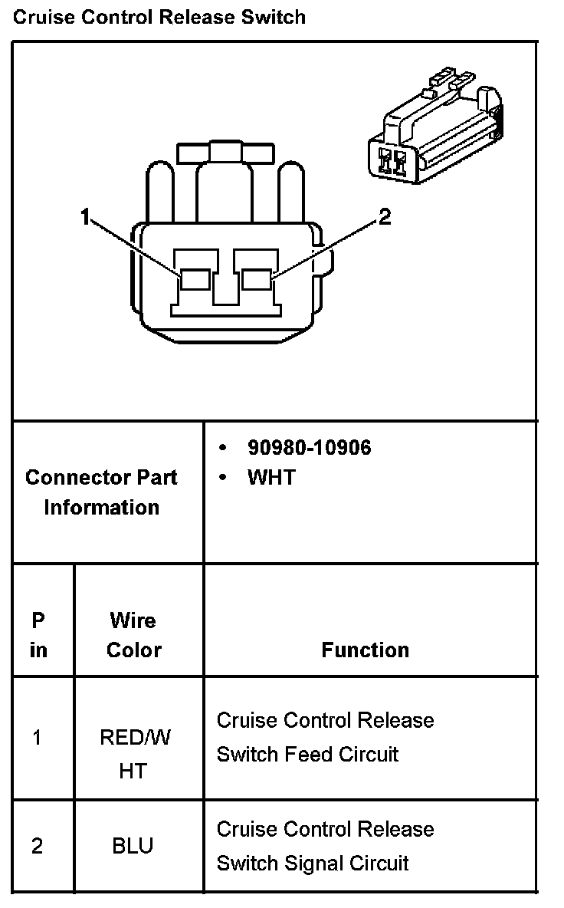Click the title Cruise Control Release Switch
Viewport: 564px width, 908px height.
coord(159,17)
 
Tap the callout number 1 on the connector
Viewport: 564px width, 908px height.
coord(85,218)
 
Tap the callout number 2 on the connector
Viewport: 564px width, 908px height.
coord(385,218)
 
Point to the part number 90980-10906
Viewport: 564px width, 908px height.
coord(309,448)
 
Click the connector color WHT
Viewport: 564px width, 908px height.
coord(271,478)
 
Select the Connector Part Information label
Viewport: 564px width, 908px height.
coord(101,492)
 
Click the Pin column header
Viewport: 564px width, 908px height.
coord(38,635)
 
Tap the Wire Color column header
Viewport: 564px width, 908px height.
coord(133,635)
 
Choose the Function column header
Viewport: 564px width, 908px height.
coord(365,650)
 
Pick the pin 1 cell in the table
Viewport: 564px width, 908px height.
coord(38,738)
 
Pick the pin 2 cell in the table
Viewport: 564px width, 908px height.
coord(38,846)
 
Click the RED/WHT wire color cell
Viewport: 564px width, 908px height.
coord(134,754)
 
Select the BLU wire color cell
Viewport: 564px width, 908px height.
coord(133,846)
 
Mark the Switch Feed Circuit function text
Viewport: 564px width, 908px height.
coord(307,754)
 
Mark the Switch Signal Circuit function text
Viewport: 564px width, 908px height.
coord(313,863)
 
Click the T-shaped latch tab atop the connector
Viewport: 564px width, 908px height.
coord(225,151)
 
